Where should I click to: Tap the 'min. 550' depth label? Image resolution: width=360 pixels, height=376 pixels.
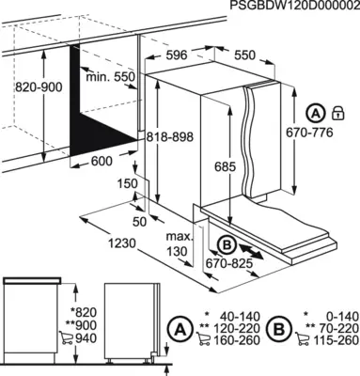pyautogui.click(x=110, y=76)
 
